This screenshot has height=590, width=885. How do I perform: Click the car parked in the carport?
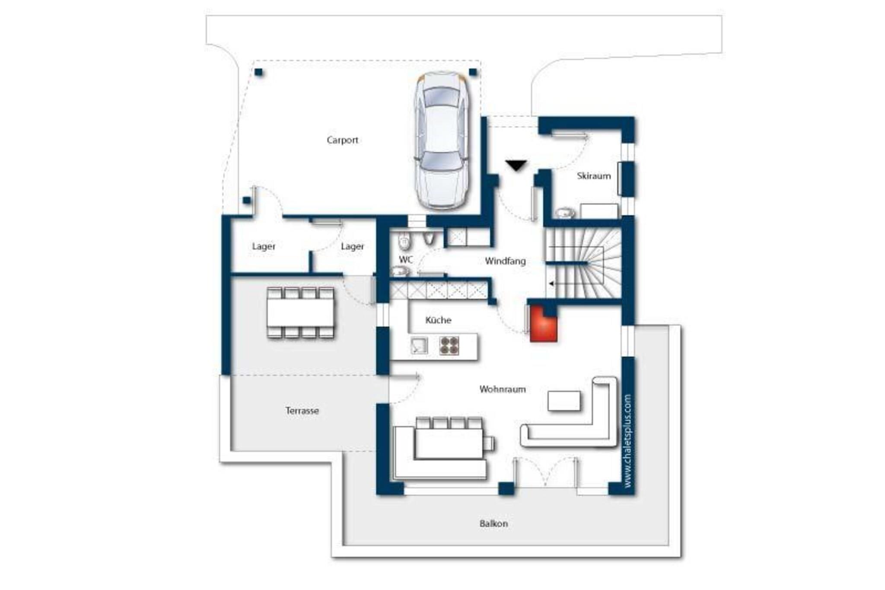coord(441,141)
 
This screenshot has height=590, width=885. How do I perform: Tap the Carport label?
coord(342,140)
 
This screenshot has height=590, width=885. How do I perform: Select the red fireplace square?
coord(543,324)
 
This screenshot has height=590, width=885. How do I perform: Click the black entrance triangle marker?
coord(516,165)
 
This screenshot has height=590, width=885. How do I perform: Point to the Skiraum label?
coord(594,176)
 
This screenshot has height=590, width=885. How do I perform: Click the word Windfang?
coord(505,261)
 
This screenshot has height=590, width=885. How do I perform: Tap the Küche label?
coord(438,320)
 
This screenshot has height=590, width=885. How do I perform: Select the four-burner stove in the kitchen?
coord(449,346)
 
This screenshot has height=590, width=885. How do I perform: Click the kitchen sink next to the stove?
coord(419,346)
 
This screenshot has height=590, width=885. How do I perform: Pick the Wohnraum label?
coord(503,389)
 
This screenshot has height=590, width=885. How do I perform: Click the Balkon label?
coord(493,523)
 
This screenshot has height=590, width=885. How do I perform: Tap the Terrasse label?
coord(302,411)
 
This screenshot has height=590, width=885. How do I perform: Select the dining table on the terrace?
coord(300,313)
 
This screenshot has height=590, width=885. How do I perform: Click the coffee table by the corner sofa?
coord(564,401)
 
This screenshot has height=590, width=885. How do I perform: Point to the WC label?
coord(406,259)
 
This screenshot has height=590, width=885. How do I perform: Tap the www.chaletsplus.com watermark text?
coord(627,440)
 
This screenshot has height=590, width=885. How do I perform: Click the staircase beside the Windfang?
coord(583,263)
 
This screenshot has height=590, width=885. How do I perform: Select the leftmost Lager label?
coord(264,246)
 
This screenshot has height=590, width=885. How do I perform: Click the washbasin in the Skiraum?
coord(565,212)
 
